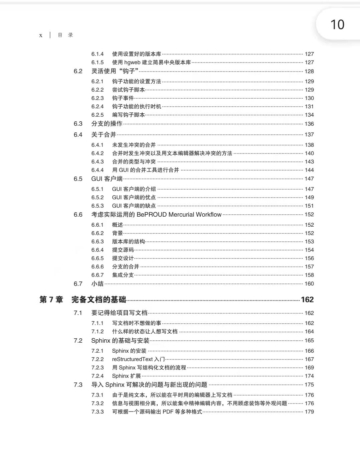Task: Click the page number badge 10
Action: click(337, 25)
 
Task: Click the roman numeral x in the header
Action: click(41, 35)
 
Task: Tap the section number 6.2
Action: click(78, 71)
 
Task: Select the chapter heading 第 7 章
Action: click(51, 300)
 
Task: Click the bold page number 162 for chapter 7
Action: click(307, 300)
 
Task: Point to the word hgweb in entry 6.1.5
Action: click(132, 63)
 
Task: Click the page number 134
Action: click(309, 115)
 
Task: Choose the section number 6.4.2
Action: click(98, 153)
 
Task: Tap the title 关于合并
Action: click(104, 135)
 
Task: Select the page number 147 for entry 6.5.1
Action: click(309, 189)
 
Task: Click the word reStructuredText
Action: click(132, 359)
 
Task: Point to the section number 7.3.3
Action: click(98, 412)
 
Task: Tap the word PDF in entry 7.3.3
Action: click(168, 412)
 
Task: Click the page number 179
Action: click(309, 412)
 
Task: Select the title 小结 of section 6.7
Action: click(98, 284)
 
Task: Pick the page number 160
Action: click(309, 284)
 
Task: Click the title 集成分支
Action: click(123, 275)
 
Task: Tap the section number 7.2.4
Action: click(98, 376)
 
